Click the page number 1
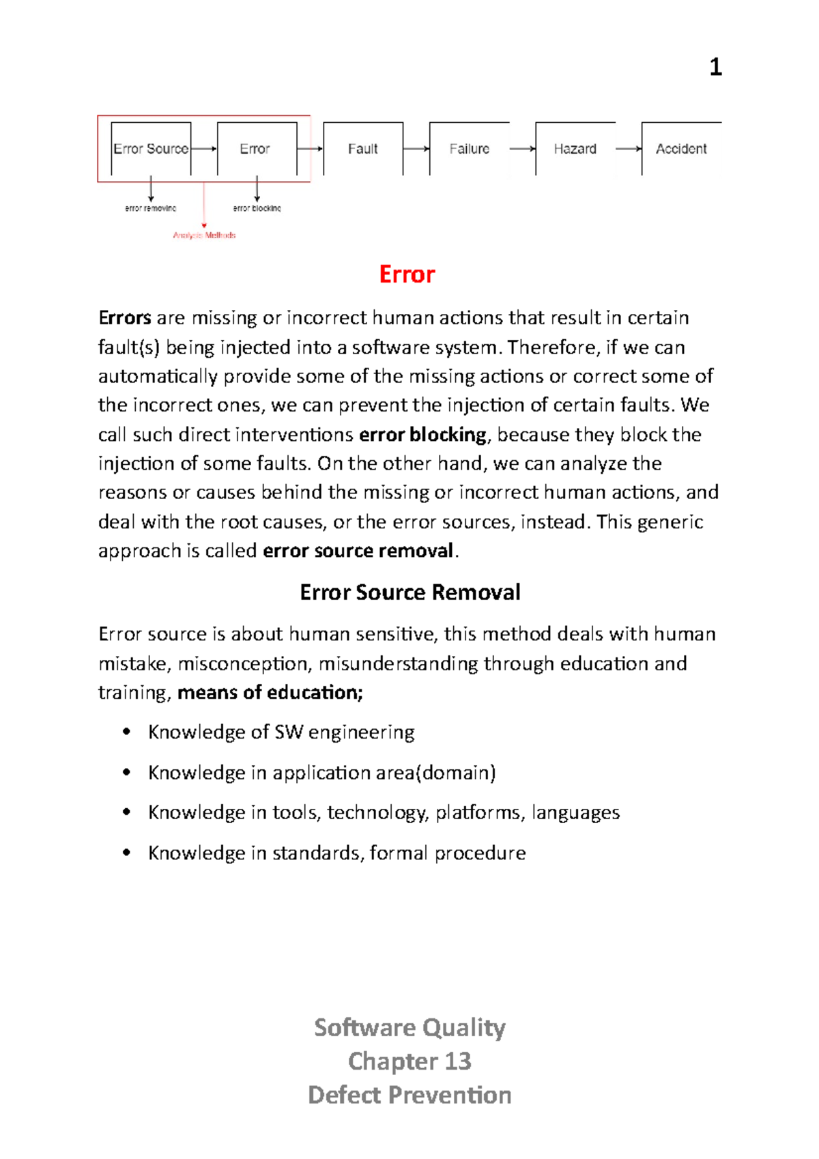pos(715,67)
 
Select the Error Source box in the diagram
pos(151,149)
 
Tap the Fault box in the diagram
pos(362,149)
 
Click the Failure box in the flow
pos(469,149)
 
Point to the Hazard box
pos(575,149)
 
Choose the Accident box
pos(680,149)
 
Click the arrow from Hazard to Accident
pos(628,149)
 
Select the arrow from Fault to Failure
pos(416,149)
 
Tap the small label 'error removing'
pos(151,208)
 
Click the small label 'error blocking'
pos(257,208)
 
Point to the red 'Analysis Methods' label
pos(204,235)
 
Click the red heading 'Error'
pos(407,274)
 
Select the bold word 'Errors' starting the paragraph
pos(125,318)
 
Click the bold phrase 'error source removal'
pos(358,551)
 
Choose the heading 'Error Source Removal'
pos(409,592)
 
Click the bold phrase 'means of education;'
pos(270,693)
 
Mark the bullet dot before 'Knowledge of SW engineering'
pos(126,732)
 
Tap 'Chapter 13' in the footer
pos(409,1061)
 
